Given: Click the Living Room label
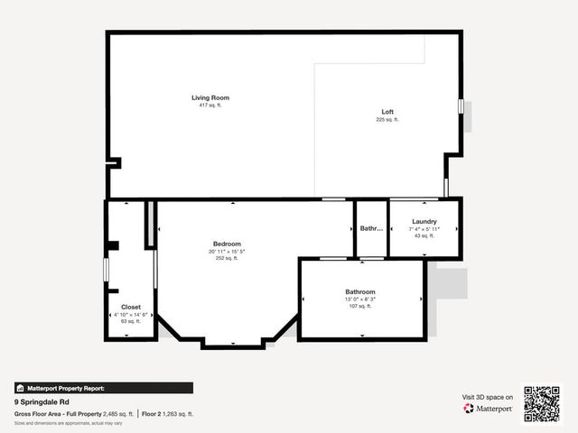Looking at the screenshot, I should (211, 97).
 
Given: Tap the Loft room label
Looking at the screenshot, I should (387, 112).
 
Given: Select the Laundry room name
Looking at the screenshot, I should (424, 221).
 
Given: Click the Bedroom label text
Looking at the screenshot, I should (227, 244).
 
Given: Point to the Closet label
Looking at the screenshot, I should (131, 307).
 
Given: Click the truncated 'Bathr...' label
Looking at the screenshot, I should (371, 228).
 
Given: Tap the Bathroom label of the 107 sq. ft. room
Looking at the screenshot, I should (359, 291).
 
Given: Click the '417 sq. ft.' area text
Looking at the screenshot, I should (211, 106).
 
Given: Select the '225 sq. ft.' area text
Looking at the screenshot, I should (387, 120).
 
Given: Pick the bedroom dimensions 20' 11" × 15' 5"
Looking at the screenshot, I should (227, 252).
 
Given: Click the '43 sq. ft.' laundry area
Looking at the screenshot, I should (424, 236).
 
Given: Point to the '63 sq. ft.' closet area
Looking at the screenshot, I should (131, 321).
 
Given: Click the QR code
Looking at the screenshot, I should (542, 403).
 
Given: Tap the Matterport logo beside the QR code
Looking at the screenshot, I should (489, 409).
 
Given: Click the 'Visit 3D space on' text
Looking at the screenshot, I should (488, 396).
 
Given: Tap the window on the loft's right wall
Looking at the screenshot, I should (461, 106).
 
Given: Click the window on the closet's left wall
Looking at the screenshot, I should (106, 269).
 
